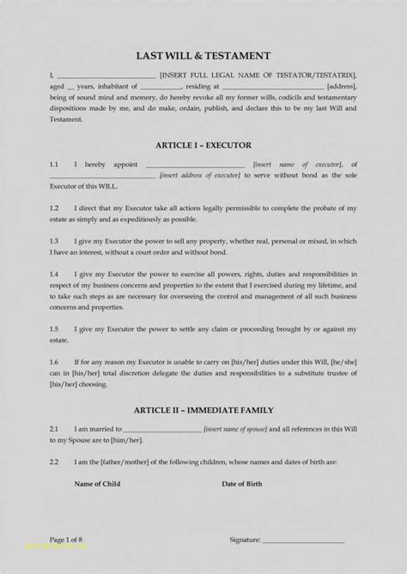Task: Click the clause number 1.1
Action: pos(53,164)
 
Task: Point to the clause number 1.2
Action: pos(53,208)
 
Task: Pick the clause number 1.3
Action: pos(53,242)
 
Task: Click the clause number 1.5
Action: pos(53,329)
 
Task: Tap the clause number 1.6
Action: pos(53,361)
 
